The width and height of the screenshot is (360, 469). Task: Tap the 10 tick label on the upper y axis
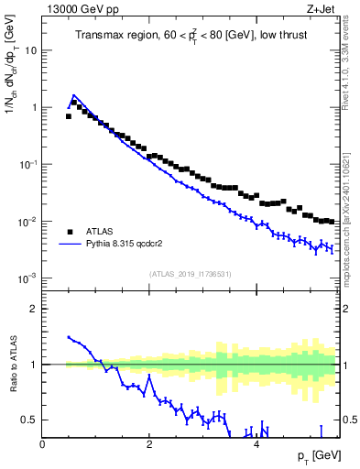pos(30,50)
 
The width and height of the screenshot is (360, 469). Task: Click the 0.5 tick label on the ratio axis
pos(29,420)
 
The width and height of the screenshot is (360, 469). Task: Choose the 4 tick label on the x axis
pos(256,443)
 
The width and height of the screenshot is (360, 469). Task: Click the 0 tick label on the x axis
pos(42,443)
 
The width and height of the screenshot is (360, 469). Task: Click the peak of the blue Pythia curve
pos(73,94)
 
